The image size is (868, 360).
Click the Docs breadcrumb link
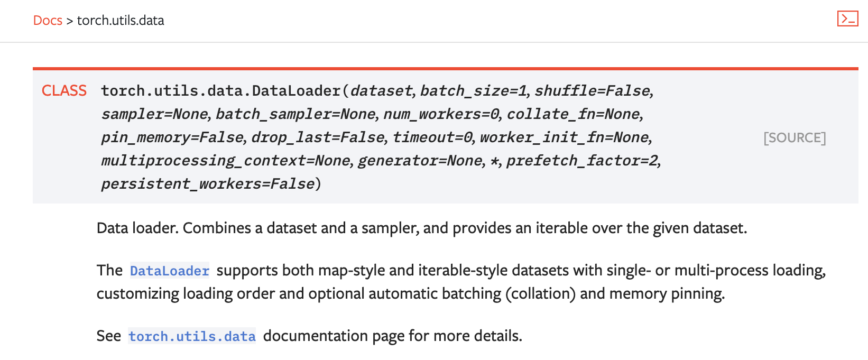pyautogui.click(x=48, y=20)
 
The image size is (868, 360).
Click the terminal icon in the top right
pyautogui.click(x=847, y=19)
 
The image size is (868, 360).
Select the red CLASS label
pyautogui.click(x=64, y=91)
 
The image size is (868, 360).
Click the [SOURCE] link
pyautogui.click(x=795, y=137)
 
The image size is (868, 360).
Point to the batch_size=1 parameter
pyautogui.click(x=473, y=91)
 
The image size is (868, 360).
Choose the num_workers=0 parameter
pyautogui.click(x=441, y=114)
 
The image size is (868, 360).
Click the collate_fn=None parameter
pyautogui.click(x=573, y=114)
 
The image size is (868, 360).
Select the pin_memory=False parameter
pyautogui.click(x=172, y=137)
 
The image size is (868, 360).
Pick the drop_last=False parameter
pyautogui.click(x=318, y=137)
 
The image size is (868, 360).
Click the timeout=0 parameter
pyautogui.click(x=432, y=137)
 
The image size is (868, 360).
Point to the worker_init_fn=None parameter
pyautogui.click(x=564, y=137)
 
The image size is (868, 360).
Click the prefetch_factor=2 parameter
pyautogui.click(x=582, y=161)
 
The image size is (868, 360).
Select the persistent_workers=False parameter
pyautogui.click(x=208, y=184)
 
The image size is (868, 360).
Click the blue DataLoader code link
pyautogui.click(x=170, y=271)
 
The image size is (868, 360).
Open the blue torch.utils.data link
pyautogui.click(x=192, y=336)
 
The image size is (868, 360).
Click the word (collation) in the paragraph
pyautogui.click(x=541, y=294)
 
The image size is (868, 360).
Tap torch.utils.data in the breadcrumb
pyautogui.click(x=121, y=20)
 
